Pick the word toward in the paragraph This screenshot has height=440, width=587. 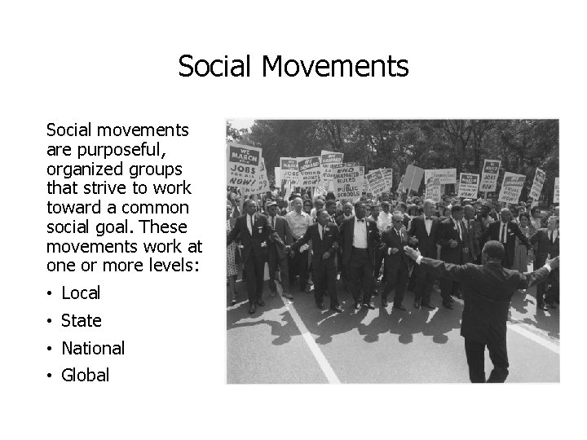tap(73, 207)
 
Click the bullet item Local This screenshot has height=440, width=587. tap(81, 293)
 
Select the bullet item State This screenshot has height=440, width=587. tap(82, 320)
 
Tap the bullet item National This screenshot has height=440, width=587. tap(93, 348)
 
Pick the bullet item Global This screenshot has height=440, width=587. tap(86, 375)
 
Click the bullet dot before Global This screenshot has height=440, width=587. tap(51, 376)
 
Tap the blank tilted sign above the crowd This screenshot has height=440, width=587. tap(413, 178)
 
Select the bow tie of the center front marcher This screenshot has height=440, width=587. tap(358, 219)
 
